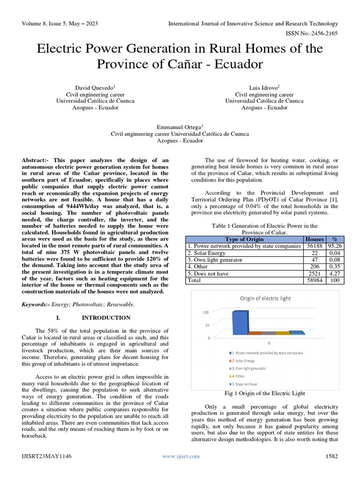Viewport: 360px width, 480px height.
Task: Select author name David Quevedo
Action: [x=95, y=87]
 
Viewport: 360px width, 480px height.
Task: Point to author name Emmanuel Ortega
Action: [x=180, y=127]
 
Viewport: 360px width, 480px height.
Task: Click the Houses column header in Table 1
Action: [x=314, y=239]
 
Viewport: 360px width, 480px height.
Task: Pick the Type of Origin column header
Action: [x=244, y=239]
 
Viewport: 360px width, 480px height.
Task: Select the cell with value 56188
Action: [x=314, y=246]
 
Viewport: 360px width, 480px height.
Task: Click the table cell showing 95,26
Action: [x=335, y=246]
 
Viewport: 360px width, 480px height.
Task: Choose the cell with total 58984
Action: [x=314, y=280]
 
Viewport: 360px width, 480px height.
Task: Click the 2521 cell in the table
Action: [x=314, y=273]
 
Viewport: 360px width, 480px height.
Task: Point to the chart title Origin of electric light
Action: [x=265, y=299]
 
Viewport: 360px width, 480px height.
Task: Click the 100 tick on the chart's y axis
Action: [x=206, y=313]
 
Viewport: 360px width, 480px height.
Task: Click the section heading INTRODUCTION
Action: [x=106, y=318]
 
